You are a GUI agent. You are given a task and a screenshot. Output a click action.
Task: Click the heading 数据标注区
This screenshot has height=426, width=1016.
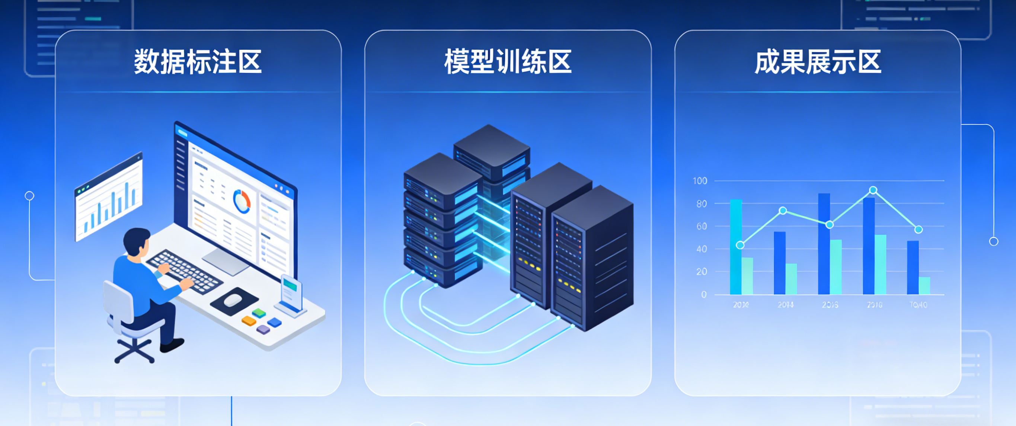pos(198,62)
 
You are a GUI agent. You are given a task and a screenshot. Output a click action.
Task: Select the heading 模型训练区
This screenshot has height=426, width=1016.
pos(508,62)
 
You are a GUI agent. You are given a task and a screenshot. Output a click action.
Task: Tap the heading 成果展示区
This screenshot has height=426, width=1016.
pos(818,62)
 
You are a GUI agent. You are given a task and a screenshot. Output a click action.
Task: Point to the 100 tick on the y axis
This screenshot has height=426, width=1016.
pos(700,181)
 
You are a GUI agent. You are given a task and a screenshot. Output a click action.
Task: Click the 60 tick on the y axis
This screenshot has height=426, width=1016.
pos(702,227)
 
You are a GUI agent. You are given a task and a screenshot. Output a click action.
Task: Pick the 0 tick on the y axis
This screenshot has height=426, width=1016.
pos(704,295)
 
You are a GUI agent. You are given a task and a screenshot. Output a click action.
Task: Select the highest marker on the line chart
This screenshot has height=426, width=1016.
pos(873,190)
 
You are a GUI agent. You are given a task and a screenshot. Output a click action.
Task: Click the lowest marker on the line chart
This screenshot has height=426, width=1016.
pos(740,245)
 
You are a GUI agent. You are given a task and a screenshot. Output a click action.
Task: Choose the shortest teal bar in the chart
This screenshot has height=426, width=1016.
pos(924,286)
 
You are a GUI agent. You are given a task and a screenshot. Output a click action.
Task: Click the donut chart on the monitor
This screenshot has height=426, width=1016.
pos(242,201)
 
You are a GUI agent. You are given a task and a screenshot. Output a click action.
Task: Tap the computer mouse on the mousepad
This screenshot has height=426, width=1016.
pos(233,301)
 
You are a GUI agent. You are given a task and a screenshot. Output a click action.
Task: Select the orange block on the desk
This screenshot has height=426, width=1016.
pos(249,321)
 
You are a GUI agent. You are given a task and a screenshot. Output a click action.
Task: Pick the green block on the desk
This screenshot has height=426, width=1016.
pos(259,313)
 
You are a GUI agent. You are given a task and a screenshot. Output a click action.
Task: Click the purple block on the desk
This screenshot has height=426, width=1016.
pos(263,329)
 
